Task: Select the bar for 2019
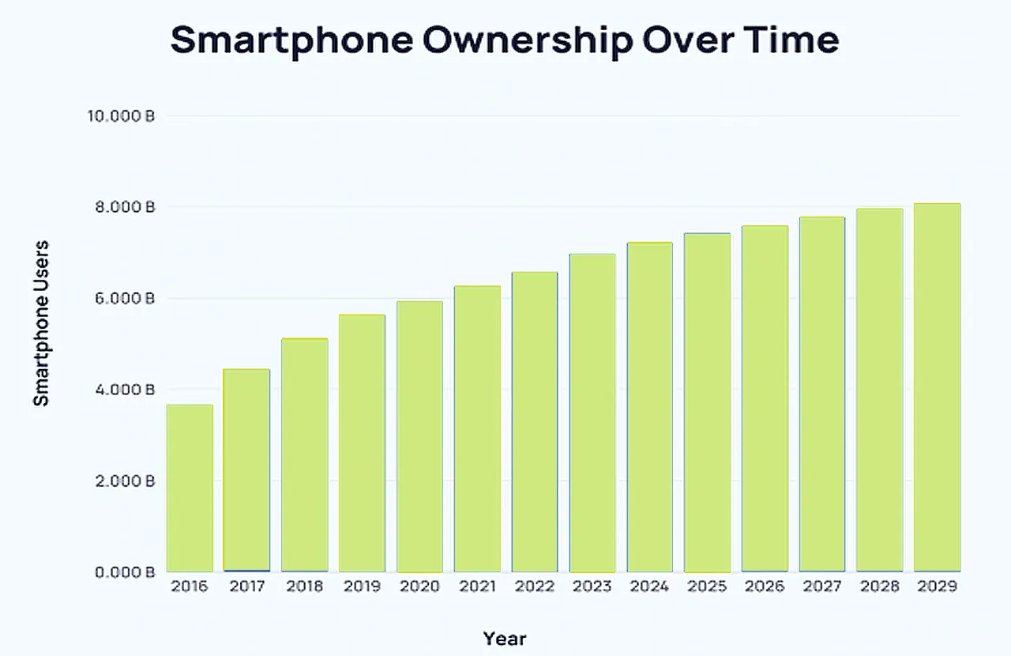click(362, 443)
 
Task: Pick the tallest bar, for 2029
click(938, 387)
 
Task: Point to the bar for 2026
click(765, 398)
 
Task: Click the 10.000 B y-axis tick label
click(120, 117)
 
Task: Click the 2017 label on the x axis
click(247, 586)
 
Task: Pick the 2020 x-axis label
click(419, 586)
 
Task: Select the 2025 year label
click(707, 586)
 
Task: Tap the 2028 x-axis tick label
click(880, 586)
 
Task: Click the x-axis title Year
click(505, 639)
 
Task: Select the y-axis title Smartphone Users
click(41, 322)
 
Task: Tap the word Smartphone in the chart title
click(291, 40)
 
